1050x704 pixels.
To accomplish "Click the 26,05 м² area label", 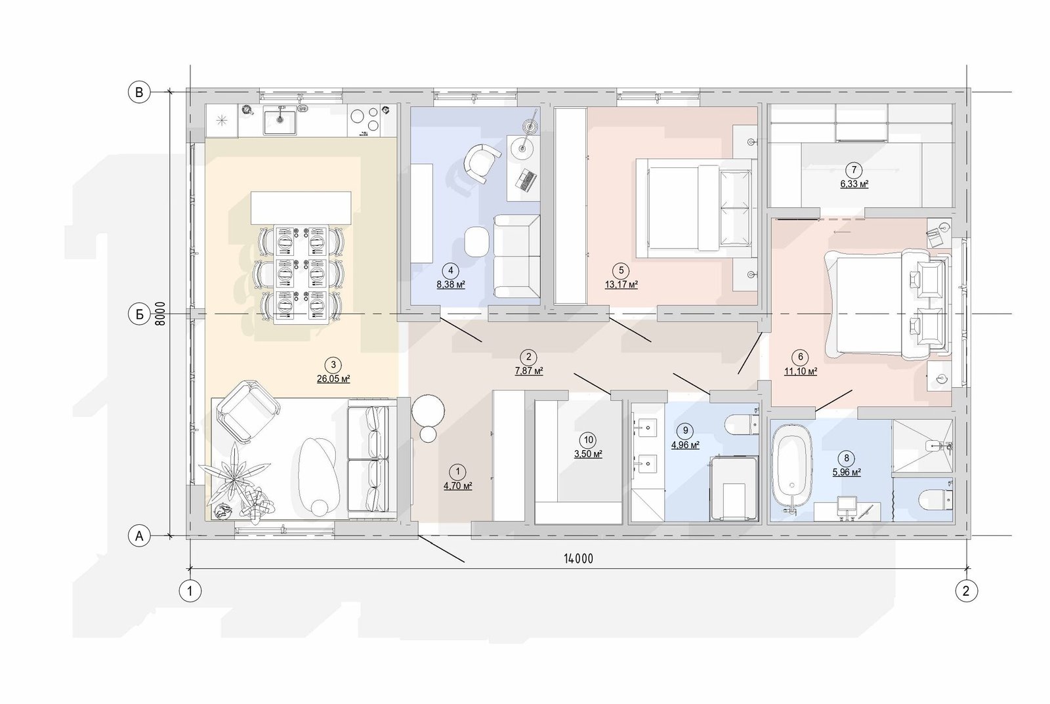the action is coord(333,379).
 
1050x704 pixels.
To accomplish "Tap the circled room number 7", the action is coord(854,169).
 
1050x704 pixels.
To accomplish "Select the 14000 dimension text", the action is coord(578,559).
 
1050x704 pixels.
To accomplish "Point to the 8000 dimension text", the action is coord(160,314).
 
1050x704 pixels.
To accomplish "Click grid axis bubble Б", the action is coord(139,314).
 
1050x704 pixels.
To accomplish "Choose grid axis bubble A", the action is coord(139,536).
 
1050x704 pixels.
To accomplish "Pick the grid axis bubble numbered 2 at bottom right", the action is coord(966,591).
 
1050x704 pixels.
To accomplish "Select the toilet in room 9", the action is coord(742,424).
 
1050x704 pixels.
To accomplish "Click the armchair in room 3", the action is coord(247,411).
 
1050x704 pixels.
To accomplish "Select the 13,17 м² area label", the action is coord(621,285).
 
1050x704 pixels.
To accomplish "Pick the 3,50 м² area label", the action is coord(588,454).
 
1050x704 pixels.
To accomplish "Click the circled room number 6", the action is coord(800,357).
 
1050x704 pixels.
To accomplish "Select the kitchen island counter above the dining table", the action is coord(301,207).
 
